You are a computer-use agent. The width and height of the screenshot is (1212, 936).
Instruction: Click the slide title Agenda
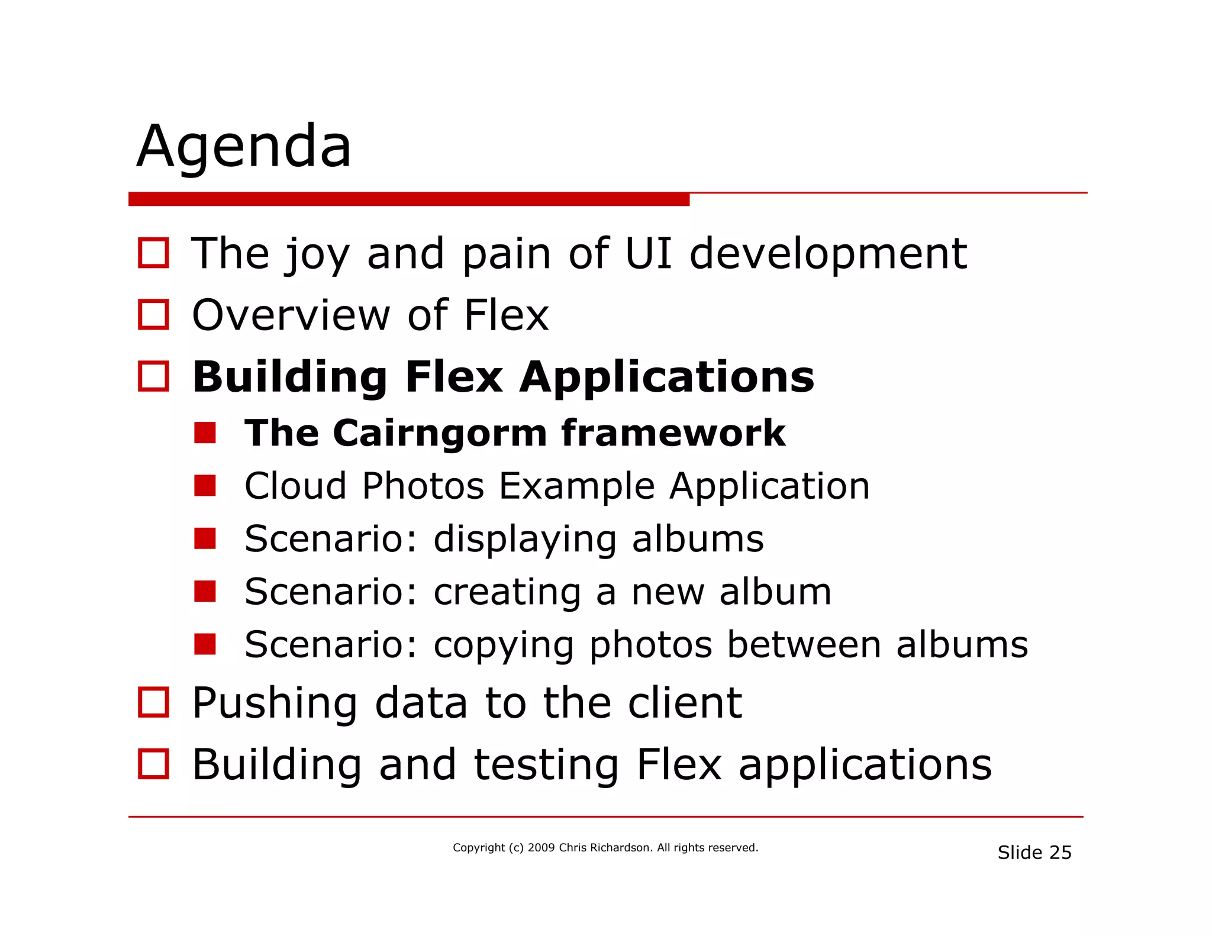point(244,146)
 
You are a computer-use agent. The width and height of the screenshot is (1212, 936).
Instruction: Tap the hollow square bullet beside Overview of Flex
point(153,314)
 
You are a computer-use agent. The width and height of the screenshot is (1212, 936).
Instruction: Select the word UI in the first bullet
point(648,253)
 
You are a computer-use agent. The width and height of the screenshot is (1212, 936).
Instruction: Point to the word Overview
point(291,315)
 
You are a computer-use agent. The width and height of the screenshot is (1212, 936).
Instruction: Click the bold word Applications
point(666,377)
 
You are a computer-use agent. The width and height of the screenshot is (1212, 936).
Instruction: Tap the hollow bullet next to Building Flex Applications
point(153,376)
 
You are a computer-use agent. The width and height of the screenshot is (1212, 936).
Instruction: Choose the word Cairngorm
point(440,433)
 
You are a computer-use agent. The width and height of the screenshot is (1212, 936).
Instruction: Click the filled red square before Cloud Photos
point(205,486)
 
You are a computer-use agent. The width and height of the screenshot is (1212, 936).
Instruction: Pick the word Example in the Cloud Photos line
point(576,486)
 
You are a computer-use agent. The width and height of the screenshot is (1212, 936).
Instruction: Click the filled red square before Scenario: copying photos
point(205,644)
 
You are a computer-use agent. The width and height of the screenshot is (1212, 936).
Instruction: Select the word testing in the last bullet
point(546,765)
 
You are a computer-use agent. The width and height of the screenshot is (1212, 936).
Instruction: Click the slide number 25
point(1060,853)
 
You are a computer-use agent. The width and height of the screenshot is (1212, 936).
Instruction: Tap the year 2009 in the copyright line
point(541,848)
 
